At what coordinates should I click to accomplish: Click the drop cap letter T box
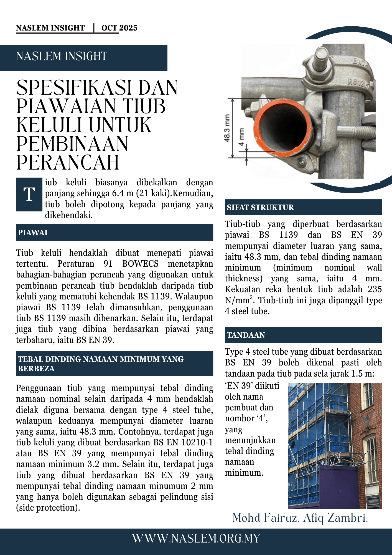coord(29,194)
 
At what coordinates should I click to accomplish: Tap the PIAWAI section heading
coord(33,233)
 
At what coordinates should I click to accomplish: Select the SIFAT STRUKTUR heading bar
coord(260,207)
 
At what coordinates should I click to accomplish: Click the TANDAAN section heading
coord(246,335)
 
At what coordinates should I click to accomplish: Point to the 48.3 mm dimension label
coord(227,128)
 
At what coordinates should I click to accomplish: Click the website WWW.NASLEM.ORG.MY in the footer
coord(196,539)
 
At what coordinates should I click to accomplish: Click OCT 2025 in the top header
coord(119,28)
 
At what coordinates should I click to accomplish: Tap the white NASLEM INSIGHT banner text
coord(62,56)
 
